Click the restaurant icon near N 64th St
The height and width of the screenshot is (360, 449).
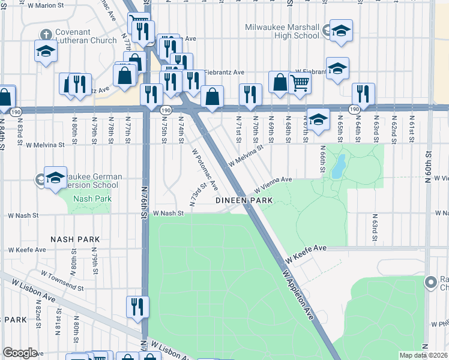pos(363,93)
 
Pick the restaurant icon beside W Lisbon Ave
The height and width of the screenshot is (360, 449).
pos(137,307)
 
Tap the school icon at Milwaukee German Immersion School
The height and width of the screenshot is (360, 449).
pos(55,177)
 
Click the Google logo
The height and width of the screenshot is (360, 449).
pos(20,353)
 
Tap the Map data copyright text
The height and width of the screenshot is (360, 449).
pos(423,355)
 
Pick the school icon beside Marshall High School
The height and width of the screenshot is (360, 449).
pos(341,31)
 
